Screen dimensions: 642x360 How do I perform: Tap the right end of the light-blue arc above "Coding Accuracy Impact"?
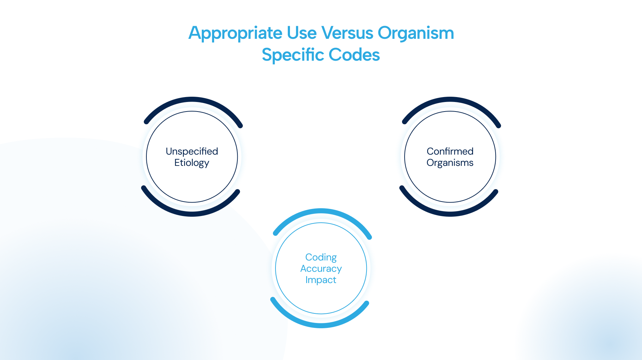370,238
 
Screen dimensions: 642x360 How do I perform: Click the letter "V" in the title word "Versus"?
329,33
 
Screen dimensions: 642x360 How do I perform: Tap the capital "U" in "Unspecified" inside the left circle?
169,151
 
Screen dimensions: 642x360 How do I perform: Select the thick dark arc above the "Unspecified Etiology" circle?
192,99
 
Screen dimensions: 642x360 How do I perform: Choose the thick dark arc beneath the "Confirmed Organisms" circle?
450,214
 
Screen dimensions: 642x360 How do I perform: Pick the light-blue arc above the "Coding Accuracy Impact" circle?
321,210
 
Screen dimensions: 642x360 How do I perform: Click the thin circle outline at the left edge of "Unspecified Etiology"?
146,157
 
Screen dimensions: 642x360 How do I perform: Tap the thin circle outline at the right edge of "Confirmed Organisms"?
496,157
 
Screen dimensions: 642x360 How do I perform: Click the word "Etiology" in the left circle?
192,163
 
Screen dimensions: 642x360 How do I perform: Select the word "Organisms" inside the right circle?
450,163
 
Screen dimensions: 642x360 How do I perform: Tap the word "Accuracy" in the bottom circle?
321,269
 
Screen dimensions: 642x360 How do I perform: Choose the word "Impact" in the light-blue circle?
321,280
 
